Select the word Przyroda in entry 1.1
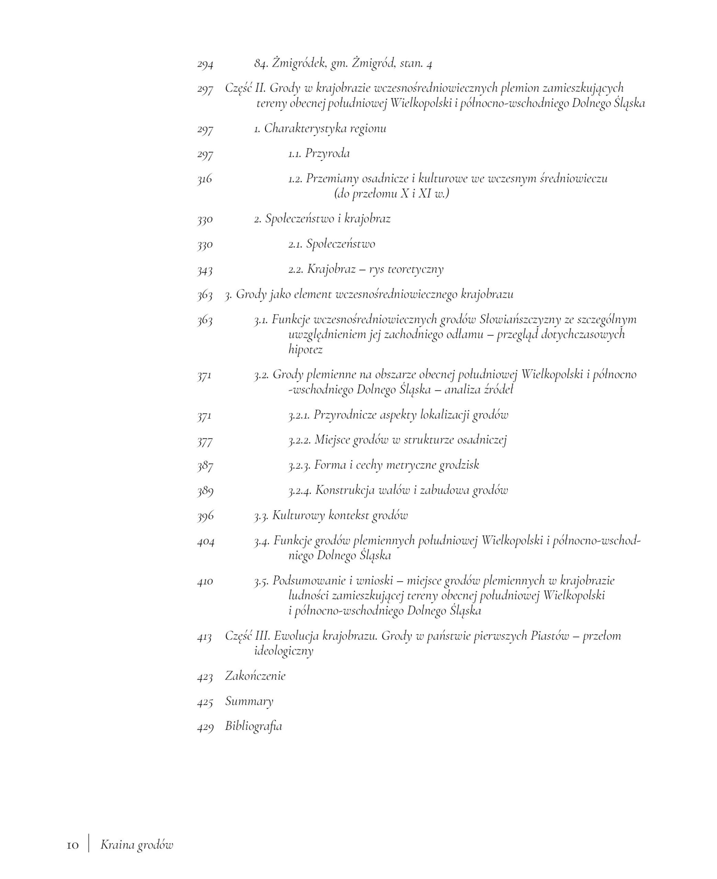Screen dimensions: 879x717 pyautogui.click(x=327, y=154)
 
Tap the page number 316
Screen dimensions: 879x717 pyautogui.click(x=205, y=179)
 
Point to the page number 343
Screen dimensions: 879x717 pyautogui.click(x=205, y=270)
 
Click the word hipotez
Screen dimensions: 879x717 pyautogui.click(x=305, y=350)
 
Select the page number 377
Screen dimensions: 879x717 pyautogui.click(x=205, y=441)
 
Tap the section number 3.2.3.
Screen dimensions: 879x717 pyautogui.click(x=299, y=466)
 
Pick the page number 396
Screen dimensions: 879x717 pyautogui.click(x=205, y=516)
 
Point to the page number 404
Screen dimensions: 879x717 pyautogui.click(x=205, y=541)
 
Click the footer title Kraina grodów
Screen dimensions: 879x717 pyautogui.click(x=137, y=845)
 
